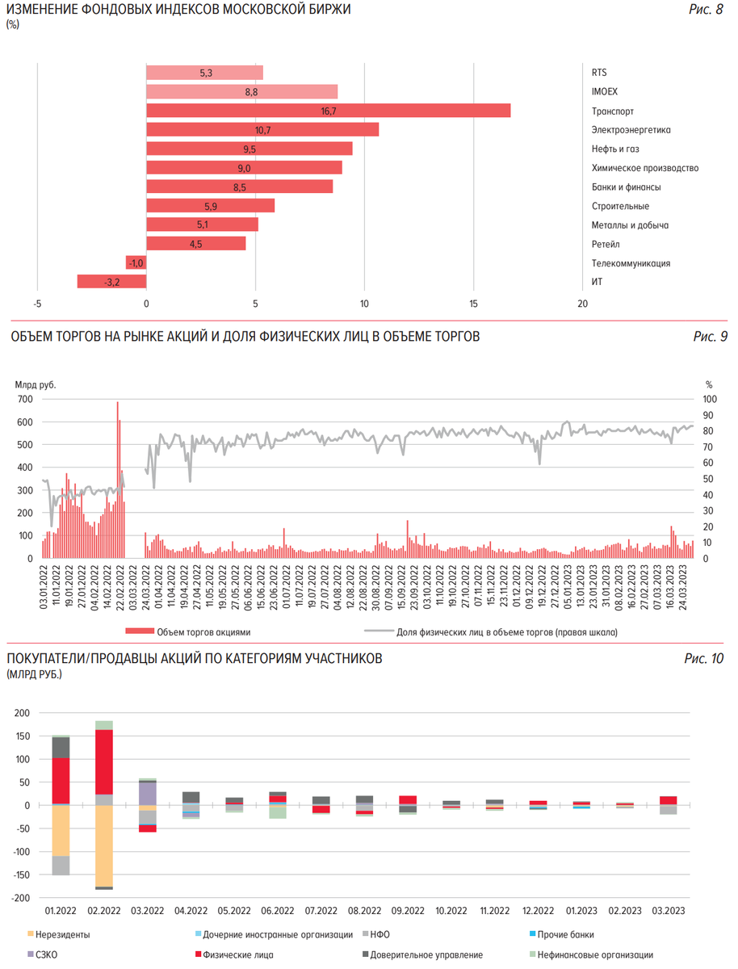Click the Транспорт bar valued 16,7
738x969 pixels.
point(328,111)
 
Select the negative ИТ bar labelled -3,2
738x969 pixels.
point(111,282)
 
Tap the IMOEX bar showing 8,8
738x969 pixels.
point(241,91)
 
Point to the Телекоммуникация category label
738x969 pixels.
point(631,263)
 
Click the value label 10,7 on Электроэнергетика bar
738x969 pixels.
point(262,130)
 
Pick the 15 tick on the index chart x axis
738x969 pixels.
point(474,304)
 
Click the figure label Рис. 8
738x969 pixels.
point(707,10)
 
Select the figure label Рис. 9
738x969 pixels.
point(710,337)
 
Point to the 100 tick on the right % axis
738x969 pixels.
point(709,399)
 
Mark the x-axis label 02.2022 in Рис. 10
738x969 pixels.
point(104,910)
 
